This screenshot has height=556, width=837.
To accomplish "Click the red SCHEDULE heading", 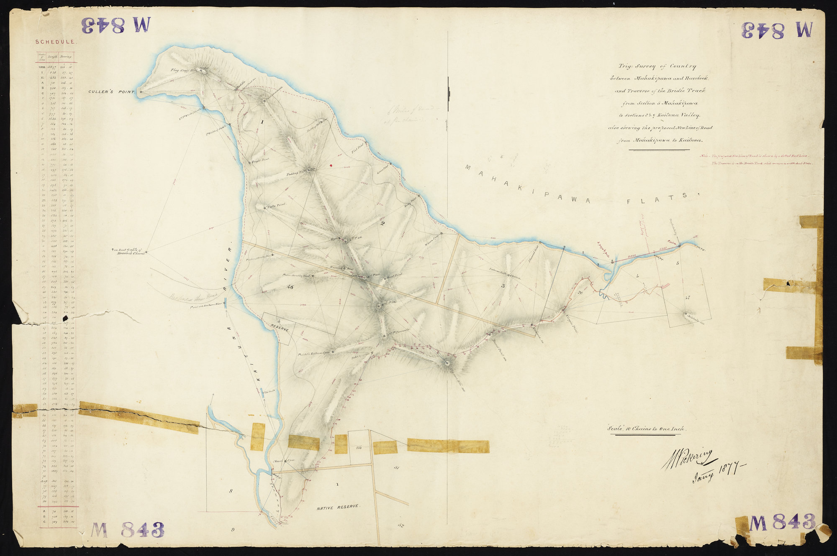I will click(x=55, y=42).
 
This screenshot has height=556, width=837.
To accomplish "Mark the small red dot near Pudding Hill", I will click(x=331, y=165).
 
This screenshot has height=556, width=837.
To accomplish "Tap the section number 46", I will click(x=290, y=287).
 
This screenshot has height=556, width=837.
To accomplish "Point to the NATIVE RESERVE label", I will click(x=338, y=507).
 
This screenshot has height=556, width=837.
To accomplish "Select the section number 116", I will click(x=359, y=447).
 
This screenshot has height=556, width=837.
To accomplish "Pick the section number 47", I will click(x=688, y=297).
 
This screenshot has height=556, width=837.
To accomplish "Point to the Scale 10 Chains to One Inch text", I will click(x=646, y=429).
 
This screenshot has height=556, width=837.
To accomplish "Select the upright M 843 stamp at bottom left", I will click(x=128, y=530).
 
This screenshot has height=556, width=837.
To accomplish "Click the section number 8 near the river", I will click(x=230, y=491).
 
